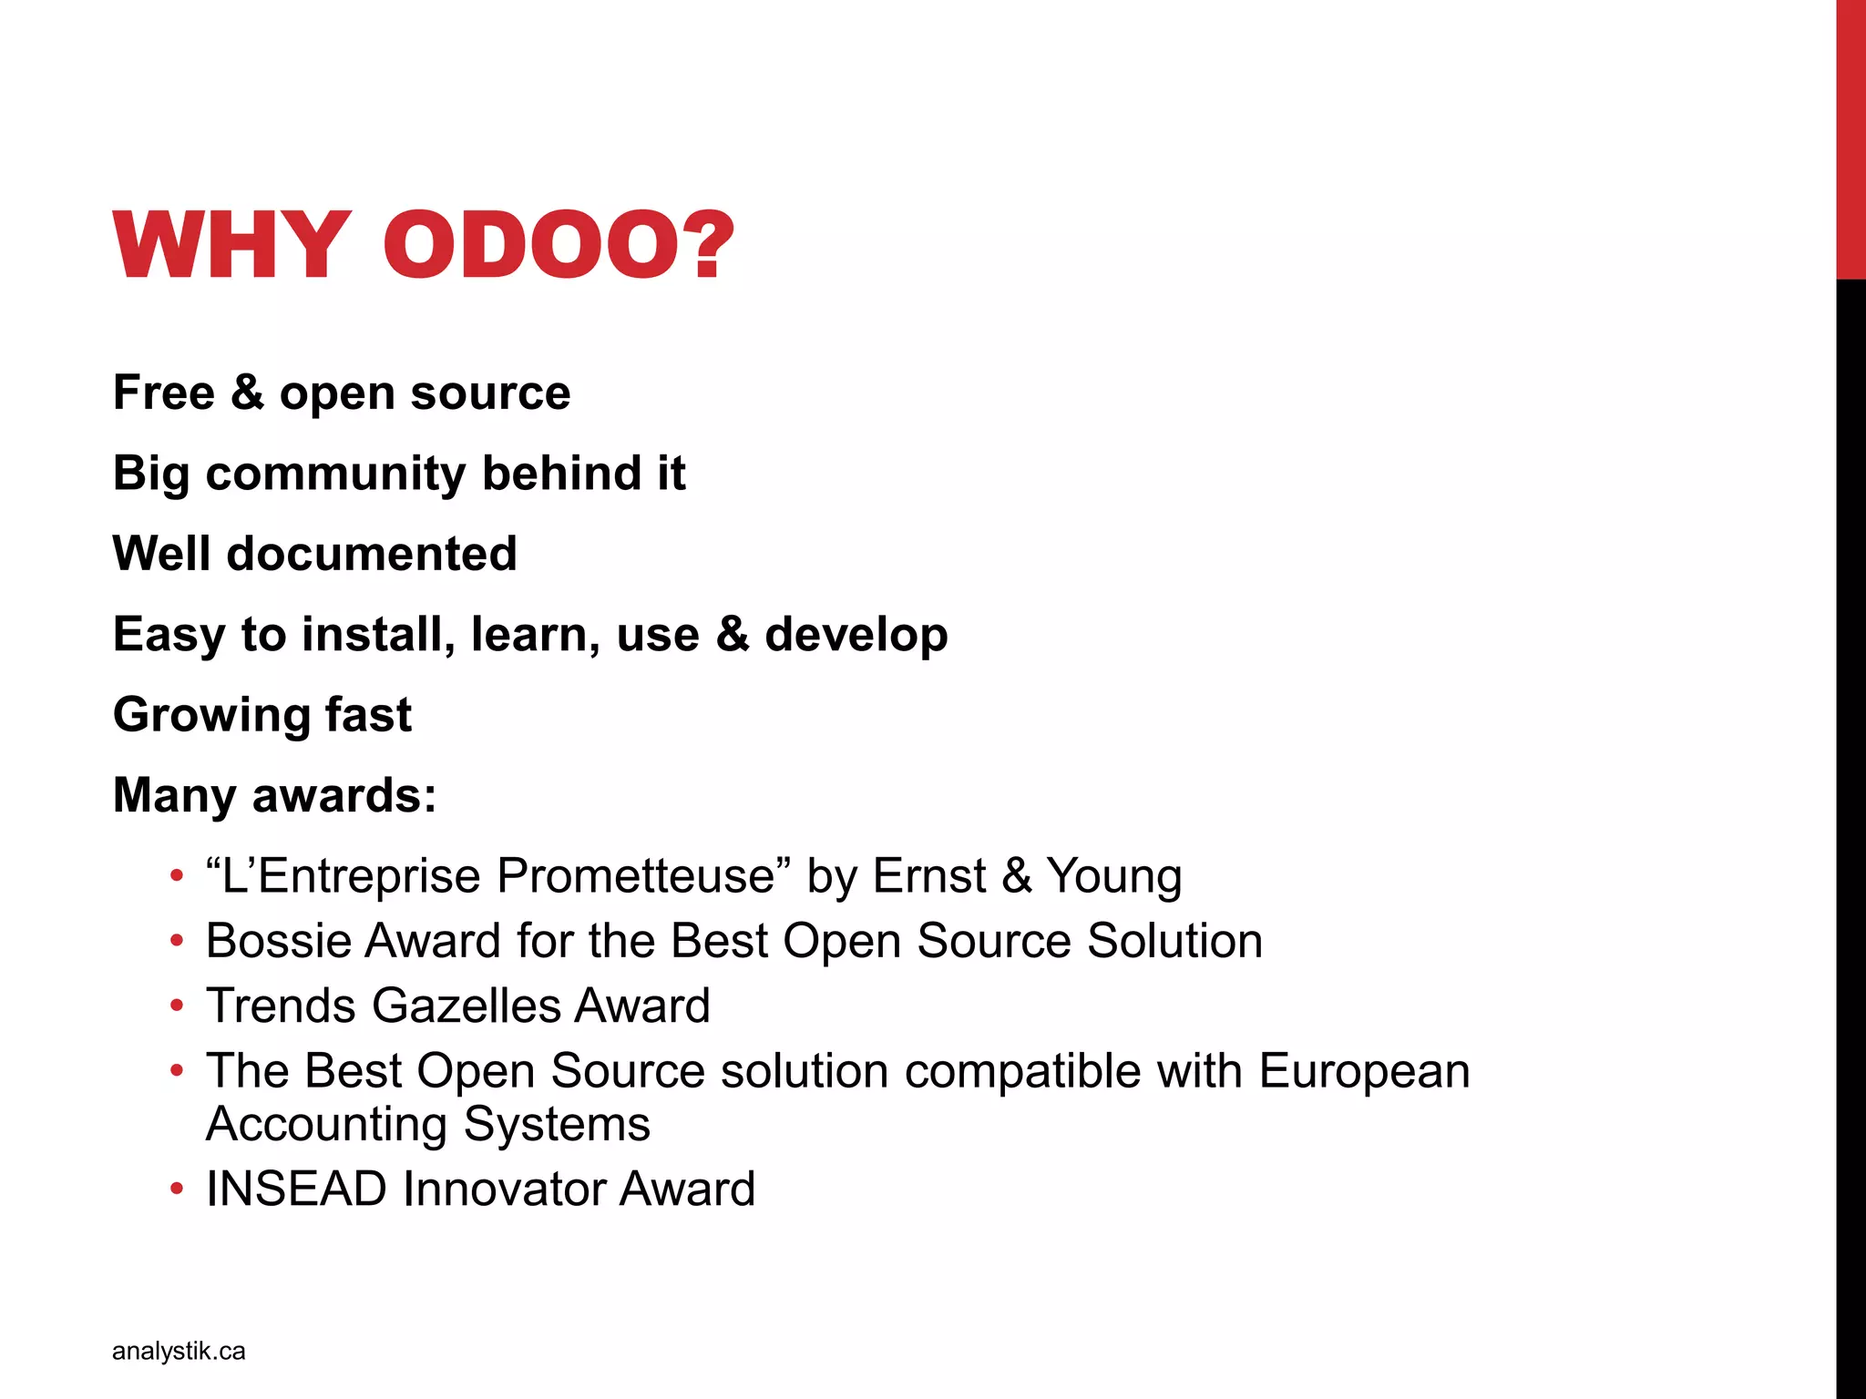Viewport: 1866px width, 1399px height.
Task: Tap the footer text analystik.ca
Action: (179, 1351)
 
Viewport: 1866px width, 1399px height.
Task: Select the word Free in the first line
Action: (164, 393)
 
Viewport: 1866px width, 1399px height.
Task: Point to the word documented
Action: (372, 554)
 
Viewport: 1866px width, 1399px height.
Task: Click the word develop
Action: (856, 635)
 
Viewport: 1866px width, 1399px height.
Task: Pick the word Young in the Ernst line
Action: (1113, 876)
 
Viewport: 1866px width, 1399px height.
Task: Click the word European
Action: (1364, 1071)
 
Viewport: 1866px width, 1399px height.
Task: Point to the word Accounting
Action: (326, 1124)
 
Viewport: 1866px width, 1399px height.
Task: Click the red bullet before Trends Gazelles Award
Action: (177, 1006)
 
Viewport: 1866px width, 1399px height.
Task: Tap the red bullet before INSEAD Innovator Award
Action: (177, 1190)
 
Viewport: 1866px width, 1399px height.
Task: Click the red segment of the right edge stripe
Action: (1851, 137)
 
